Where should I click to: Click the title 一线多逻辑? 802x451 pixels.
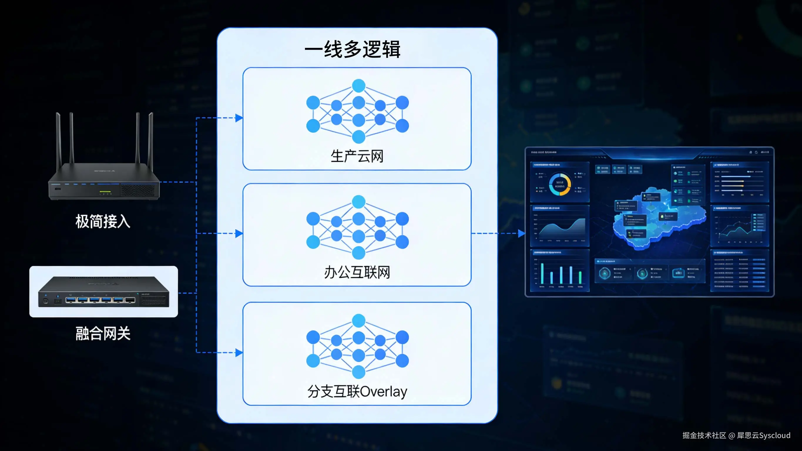point(353,49)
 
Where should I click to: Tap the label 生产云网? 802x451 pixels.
point(357,156)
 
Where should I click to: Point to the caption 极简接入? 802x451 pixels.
point(103,222)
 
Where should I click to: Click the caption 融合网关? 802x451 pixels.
point(103,333)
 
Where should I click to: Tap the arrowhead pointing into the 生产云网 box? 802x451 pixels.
point(239,118)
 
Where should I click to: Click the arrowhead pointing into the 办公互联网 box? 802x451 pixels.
point(239,233)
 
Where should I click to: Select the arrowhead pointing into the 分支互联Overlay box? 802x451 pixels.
point(239,353)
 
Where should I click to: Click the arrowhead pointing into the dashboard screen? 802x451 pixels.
point(521,233)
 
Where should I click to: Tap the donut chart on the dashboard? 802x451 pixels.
point(560,185)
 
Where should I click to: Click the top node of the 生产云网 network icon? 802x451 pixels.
point(359,86)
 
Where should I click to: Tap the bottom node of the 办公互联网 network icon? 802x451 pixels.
point(359,253)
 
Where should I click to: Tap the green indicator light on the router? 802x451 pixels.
point(105,192)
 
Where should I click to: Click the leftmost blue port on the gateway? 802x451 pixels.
point(71,300)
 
